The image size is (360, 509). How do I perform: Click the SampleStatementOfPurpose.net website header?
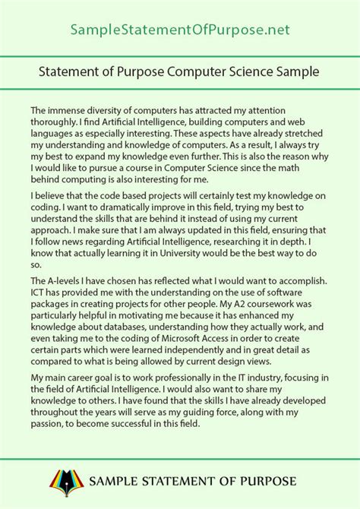(x=179, y=30)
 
